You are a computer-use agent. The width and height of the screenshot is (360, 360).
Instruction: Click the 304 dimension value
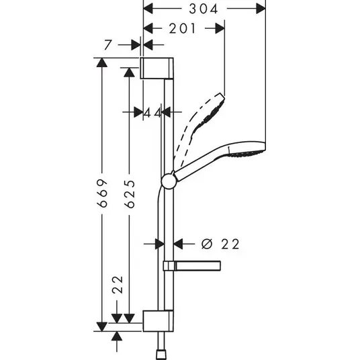pyautogui.click(x=204, y=9)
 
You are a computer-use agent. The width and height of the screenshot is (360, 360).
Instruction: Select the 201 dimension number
pyautogui.click(x=182, y=28)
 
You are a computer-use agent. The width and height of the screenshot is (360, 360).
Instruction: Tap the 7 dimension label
pyautogui.click(x=107, y=45)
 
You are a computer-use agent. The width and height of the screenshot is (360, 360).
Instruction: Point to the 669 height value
pyautogui.click(x=102, y=193)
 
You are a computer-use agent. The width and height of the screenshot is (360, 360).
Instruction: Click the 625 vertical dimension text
pyautogui.click(x=130, y=194)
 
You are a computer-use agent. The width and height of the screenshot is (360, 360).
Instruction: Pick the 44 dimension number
pyautogui.click(x=152, y=113)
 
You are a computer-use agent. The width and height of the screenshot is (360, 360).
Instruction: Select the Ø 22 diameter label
pyautogui.click(x=220, y=244)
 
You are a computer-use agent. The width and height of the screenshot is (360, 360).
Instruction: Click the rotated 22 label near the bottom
pyautogui.click(x=118, y=285)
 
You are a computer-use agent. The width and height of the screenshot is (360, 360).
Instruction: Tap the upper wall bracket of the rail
pyautogui.click(x=157, y=69)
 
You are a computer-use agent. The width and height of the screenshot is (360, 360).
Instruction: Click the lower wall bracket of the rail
pyautogui.click(x=159, y=321)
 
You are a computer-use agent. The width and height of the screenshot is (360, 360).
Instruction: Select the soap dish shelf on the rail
pyautogui.click(x=191, y=266)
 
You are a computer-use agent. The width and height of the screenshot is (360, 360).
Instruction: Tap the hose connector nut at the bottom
pyautogui.click(x=161, y=355)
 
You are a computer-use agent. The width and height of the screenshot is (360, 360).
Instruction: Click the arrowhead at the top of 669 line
pyautogui.click(x=102, y=62)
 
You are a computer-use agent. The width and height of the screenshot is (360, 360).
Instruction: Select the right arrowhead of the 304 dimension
pyautogui.click(x=261, y=9)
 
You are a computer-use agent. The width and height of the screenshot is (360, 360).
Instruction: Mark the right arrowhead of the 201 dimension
pyautogui.click(x=220, y=28)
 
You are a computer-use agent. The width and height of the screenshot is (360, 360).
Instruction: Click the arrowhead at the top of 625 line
pyautogui.click(x=129, y=73)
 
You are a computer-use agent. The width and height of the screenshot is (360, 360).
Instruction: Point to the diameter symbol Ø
pyautogui.click(x=207, y=244)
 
